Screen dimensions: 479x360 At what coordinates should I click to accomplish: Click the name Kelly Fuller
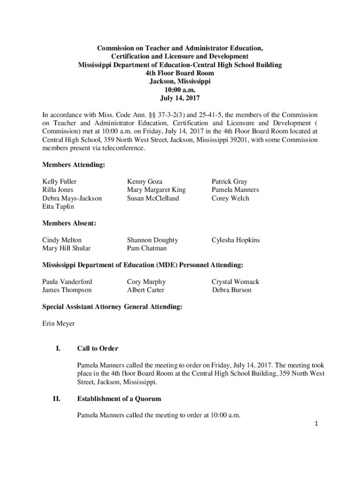[x=59, y=181]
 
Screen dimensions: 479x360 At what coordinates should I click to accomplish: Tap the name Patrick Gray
[x=230, y=181]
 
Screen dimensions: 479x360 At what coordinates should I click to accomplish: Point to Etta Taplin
[x=58, y=207]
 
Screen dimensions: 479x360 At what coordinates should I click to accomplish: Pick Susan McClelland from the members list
[x=153, y=198]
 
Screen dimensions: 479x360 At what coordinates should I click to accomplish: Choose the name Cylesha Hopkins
[x=236, y=240]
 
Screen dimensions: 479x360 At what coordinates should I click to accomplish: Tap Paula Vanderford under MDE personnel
[x=67, y=282]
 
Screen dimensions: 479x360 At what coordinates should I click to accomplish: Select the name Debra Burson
[x=231, y=290]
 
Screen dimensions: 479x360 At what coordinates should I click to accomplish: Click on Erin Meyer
[x=58, y=323]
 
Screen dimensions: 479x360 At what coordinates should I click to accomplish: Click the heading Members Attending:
[x=73, y=165]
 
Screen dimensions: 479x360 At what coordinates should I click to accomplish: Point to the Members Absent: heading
[x=69, y=224]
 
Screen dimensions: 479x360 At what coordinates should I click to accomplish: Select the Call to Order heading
[x=98, y=348]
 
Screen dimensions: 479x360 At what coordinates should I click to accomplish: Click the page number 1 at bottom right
[x=317, y=424]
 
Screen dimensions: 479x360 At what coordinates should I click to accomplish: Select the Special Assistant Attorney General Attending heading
[x=112, y=307]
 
